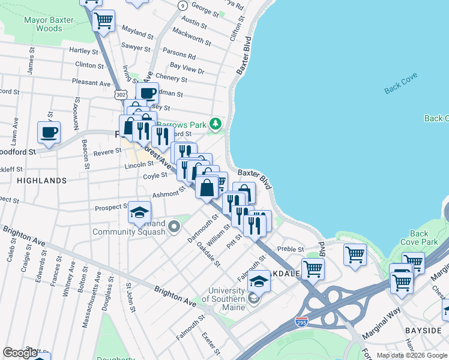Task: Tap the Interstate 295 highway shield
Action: pos(302,323)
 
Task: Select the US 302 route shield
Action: pos(121,94)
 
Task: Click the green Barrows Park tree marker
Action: pos(216,125)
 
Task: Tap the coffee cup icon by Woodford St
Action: pos(49,131)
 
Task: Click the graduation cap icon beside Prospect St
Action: pos(139,212)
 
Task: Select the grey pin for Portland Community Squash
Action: pos(174,226)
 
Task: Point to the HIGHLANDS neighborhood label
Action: pos(41,180)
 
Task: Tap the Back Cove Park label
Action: pos(419,238)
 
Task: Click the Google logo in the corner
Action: pos(20,353)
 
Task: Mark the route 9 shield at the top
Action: pos(182,5)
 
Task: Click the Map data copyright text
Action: pos(411,355)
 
